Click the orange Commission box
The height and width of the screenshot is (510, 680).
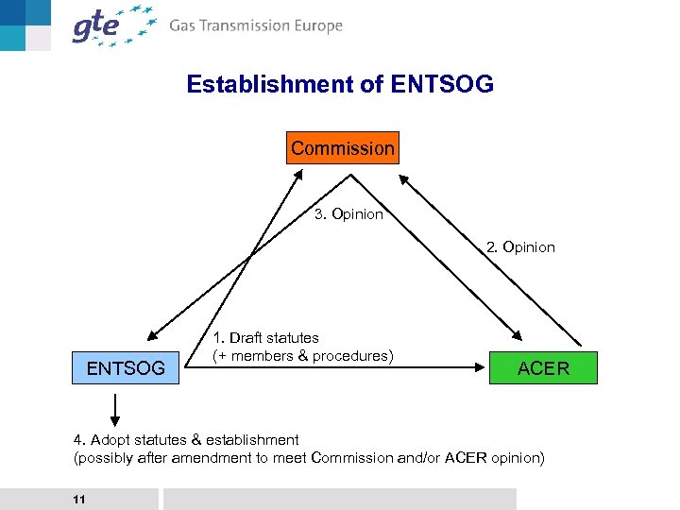click(x=343, y=148)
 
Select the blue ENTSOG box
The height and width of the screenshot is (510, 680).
click(x=126, y=367)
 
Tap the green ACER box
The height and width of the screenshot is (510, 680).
click(x=543, y=367)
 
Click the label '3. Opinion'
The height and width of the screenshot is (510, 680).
click(x=348, y=214)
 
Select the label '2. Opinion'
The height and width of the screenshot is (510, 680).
click(x=520, y=247)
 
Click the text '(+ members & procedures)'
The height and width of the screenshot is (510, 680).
click(x=302, y=355)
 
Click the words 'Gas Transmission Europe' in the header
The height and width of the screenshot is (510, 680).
click(x=256, y=26)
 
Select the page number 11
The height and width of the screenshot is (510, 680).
click(x=78, y=499)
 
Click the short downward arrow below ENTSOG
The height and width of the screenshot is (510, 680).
click(x=114, y=409)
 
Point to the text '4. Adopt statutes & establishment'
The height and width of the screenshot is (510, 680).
click(x=186, y=439)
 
